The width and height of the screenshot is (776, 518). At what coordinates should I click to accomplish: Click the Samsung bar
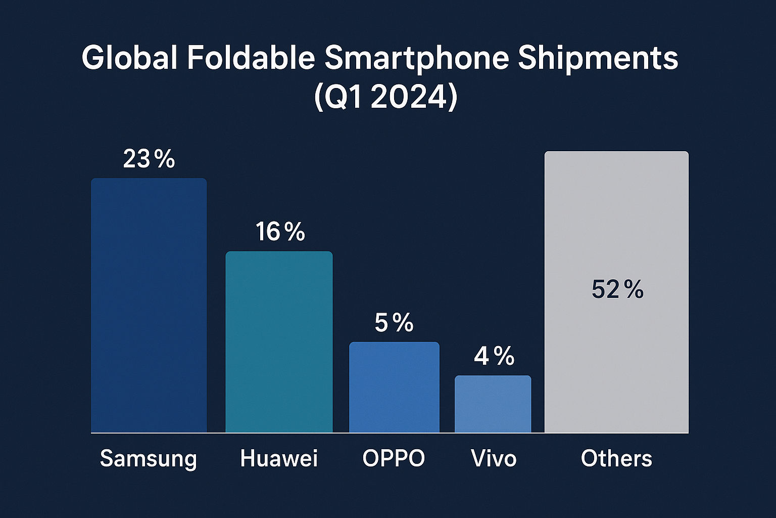tap(149, 305)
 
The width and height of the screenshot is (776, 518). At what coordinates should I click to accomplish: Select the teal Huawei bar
tap(279, 342)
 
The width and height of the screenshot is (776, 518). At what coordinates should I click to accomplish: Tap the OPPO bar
tap(394, 387)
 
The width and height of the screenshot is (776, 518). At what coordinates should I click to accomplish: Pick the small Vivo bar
tap(493, 404)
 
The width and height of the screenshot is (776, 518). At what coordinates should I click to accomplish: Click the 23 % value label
tap(149, 159)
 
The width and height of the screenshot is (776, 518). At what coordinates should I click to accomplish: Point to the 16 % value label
tap(280, 232)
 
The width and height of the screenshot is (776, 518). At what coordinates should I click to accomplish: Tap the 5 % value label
tap(394, 323)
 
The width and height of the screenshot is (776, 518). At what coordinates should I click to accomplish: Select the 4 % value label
tap(494, 356)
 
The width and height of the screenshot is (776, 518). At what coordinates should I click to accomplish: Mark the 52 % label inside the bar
tap(617, 290)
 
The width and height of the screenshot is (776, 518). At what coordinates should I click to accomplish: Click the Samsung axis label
tap(148, 459)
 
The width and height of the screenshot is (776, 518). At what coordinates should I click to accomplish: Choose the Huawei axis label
tap(279, 458)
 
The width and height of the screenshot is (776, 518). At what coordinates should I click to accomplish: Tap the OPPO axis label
tap(394, 458)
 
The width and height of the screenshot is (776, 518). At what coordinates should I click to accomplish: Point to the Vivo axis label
tap(494, 458)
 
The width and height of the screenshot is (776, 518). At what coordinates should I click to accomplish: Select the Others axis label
tap(616, 458)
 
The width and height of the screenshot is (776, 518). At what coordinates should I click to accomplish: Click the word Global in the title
tap(129, 58)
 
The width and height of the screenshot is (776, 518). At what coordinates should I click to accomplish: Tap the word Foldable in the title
tap(251, 58)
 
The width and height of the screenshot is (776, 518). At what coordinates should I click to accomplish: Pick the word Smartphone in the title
tap(416, 59)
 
